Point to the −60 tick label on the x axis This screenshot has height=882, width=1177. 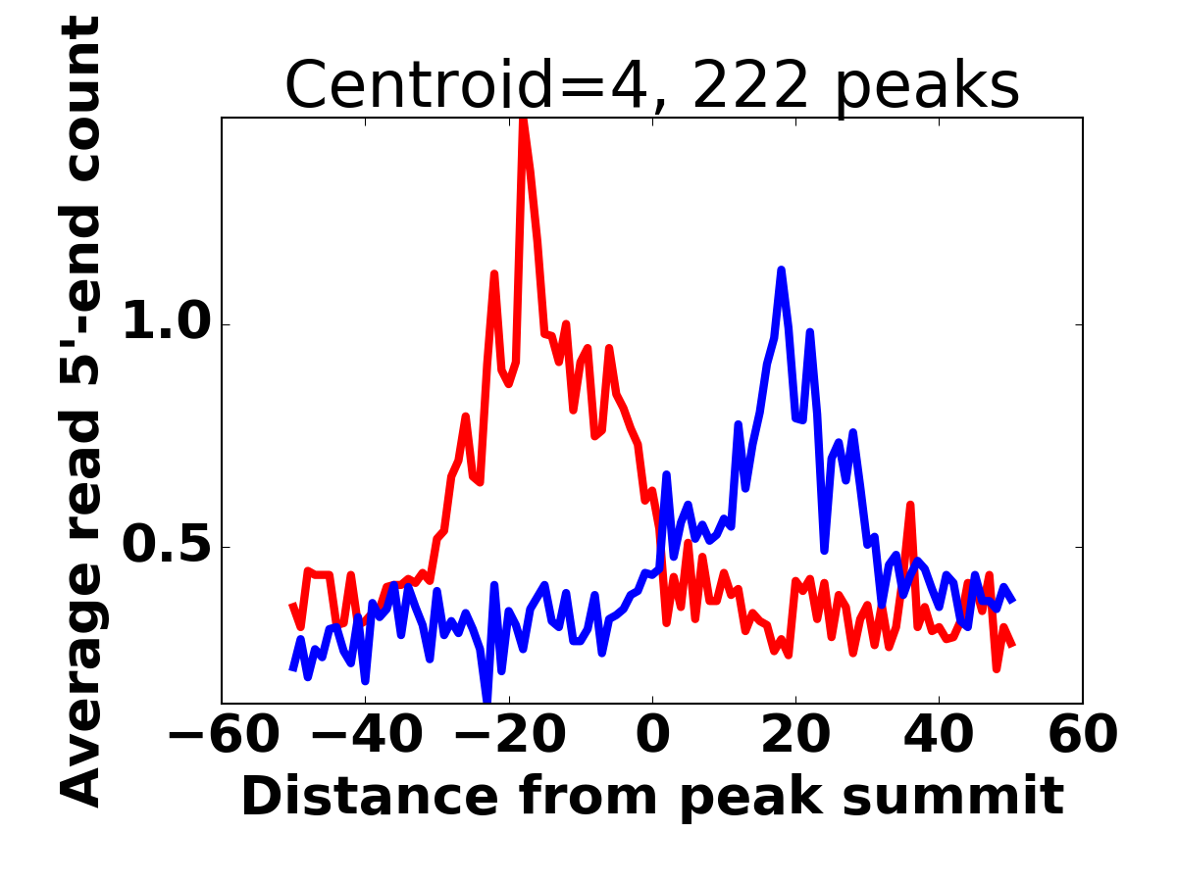click(222, 735)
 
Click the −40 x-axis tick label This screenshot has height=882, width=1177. click(365, 735)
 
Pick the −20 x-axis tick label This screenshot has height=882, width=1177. click(508, 735)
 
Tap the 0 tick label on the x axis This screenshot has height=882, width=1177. click(652, 735)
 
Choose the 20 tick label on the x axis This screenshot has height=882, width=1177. click(795, 735)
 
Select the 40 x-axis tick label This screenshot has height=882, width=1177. click(939, 735)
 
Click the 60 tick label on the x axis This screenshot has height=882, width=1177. click(1082, 735)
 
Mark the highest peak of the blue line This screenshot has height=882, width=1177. click(781, 270)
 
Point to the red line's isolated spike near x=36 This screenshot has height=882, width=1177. click(910, 506)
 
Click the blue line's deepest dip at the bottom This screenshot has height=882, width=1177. click(487, 698)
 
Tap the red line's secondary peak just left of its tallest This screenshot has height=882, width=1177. click(494, 274)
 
